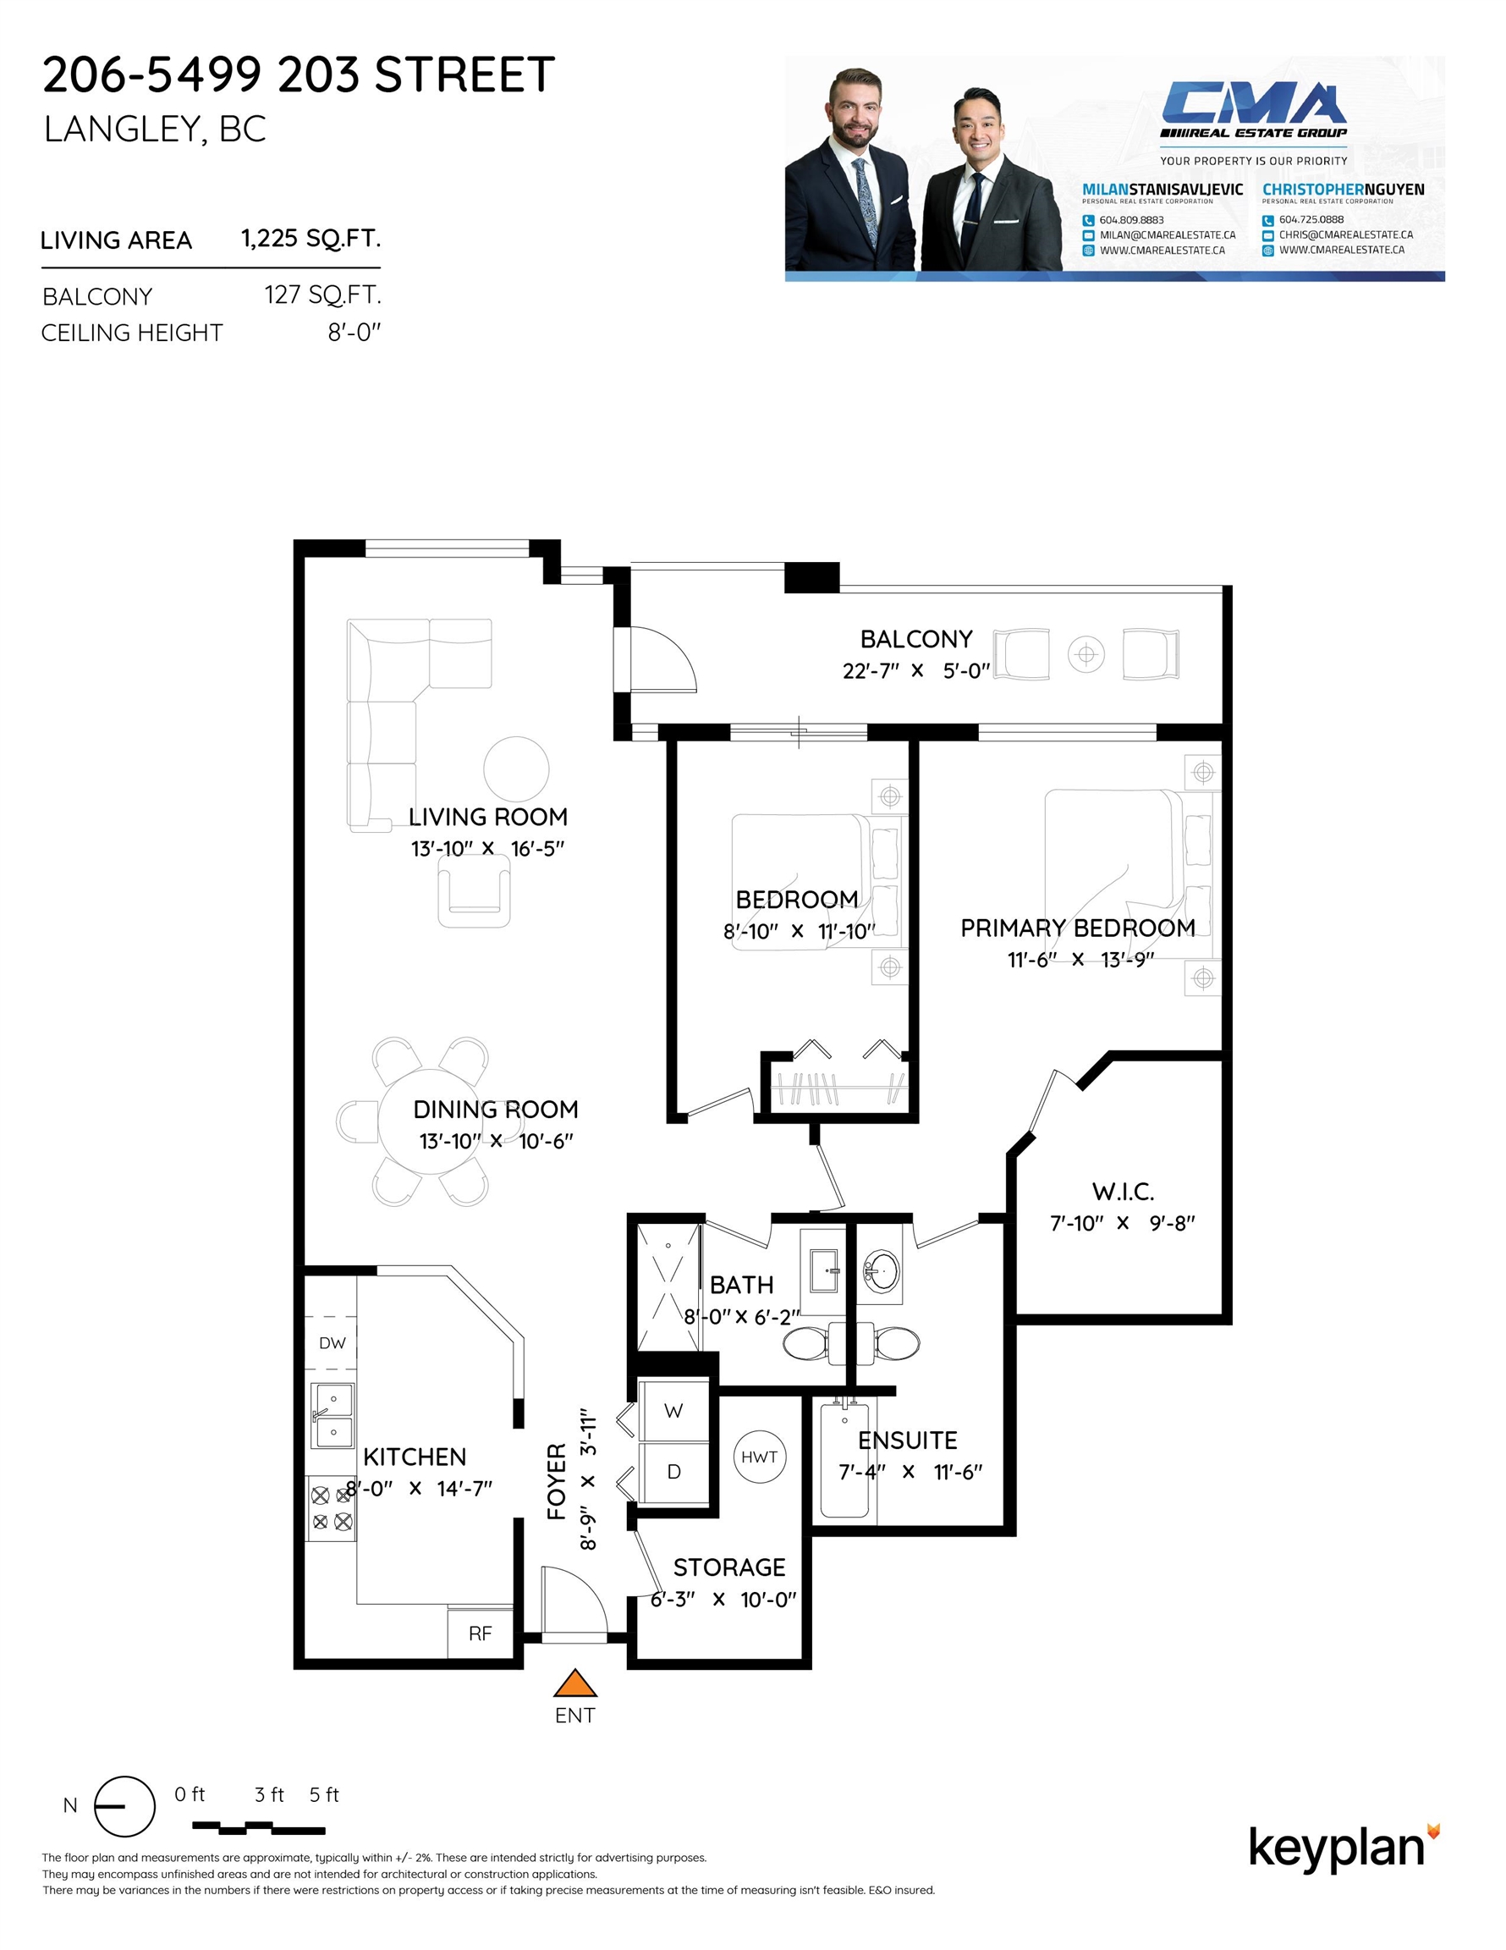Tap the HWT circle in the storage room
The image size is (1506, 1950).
point(759,1457)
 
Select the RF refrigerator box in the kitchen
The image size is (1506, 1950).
point(481,1632)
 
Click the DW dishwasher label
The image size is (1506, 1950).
point(333,1343)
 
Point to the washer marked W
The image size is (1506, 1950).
point(674,1410)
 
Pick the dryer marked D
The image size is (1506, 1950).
point(674,1472)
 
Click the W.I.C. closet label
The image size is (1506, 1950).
point(1123,1191)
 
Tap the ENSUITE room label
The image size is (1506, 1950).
point(907,1440)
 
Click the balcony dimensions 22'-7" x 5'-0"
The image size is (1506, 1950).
point(916,670)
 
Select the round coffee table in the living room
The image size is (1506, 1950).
point(516,768)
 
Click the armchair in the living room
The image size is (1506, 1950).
point(474,891)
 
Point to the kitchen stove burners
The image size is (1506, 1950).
point(331,1508)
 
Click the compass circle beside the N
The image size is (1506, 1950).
point(124,1806)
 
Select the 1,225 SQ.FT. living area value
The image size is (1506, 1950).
point(311,239)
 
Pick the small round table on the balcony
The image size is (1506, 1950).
point(1086,654)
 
